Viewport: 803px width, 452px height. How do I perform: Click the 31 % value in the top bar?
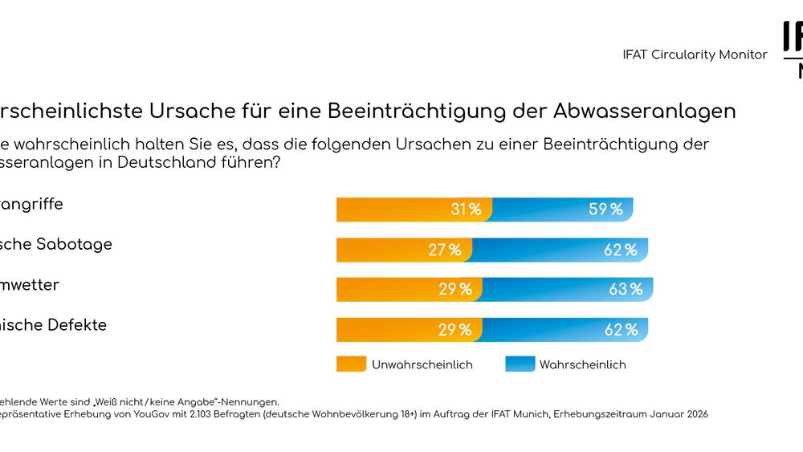(466, 210)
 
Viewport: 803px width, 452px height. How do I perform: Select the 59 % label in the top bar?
(605, 210)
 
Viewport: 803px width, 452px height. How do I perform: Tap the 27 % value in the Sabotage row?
(445, 250)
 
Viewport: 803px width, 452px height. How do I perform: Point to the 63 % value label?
(626, 290)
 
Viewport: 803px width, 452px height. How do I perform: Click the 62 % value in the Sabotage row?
(621, 250)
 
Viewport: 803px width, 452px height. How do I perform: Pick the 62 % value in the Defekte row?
(621, 330)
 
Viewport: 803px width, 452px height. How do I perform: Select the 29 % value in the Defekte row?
(455, 330)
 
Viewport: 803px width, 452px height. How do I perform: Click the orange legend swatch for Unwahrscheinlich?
(351, 364)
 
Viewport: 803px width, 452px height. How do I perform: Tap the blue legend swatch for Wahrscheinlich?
(520, 364)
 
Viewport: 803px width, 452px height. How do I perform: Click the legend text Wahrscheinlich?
(582, 364)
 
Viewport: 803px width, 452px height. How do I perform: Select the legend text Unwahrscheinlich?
(422, 364)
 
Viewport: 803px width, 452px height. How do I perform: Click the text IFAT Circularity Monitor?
(695, 55)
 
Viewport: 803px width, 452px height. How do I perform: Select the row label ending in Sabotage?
(56, 244)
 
